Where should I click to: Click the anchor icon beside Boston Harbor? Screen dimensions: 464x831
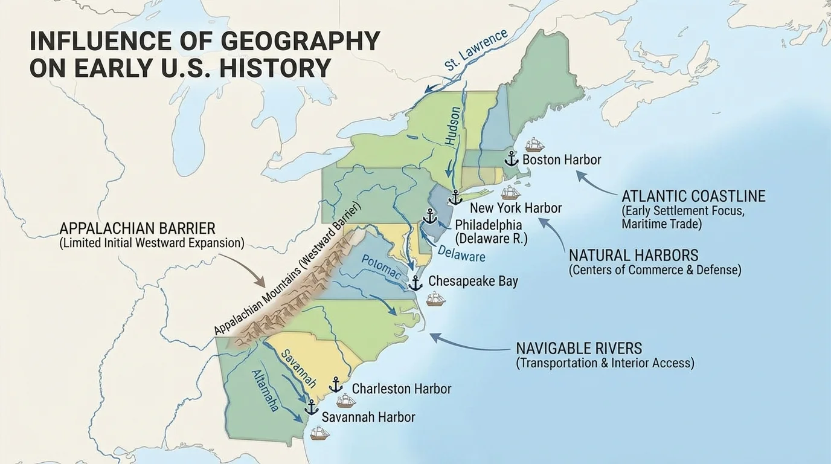511,159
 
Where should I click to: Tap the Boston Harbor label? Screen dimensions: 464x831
562,160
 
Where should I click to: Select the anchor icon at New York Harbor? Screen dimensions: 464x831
455,197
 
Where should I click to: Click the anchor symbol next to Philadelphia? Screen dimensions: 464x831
429,216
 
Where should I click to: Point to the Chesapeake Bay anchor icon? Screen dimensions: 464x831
415,283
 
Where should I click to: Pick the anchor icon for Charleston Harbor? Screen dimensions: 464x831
335,385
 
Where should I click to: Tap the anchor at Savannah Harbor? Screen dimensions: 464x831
311,407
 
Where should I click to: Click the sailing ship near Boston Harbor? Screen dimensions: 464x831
534,145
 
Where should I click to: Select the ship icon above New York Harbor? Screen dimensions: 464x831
510,193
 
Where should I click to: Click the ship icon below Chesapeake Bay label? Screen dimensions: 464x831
435,298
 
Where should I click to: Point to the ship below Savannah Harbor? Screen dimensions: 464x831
319,433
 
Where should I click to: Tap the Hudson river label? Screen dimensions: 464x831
453,126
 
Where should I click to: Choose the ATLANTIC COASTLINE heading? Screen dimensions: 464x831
693,196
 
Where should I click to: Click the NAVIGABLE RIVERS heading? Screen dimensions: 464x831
579,349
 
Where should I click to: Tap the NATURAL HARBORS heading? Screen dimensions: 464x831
634,254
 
